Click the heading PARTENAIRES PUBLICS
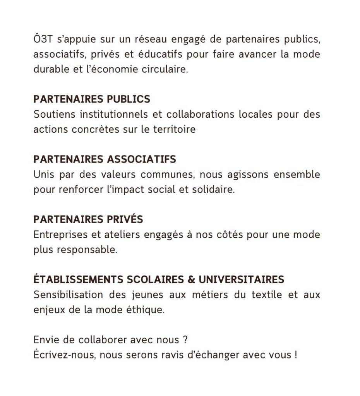[92, 99]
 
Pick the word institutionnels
[113, 115]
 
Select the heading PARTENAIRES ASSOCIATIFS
[105, 159]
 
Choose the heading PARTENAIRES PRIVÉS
[88, 219]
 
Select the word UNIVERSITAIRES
[242, 279]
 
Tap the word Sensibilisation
[69, 295]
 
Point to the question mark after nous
[185, 340]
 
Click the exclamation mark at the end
[295, 355]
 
